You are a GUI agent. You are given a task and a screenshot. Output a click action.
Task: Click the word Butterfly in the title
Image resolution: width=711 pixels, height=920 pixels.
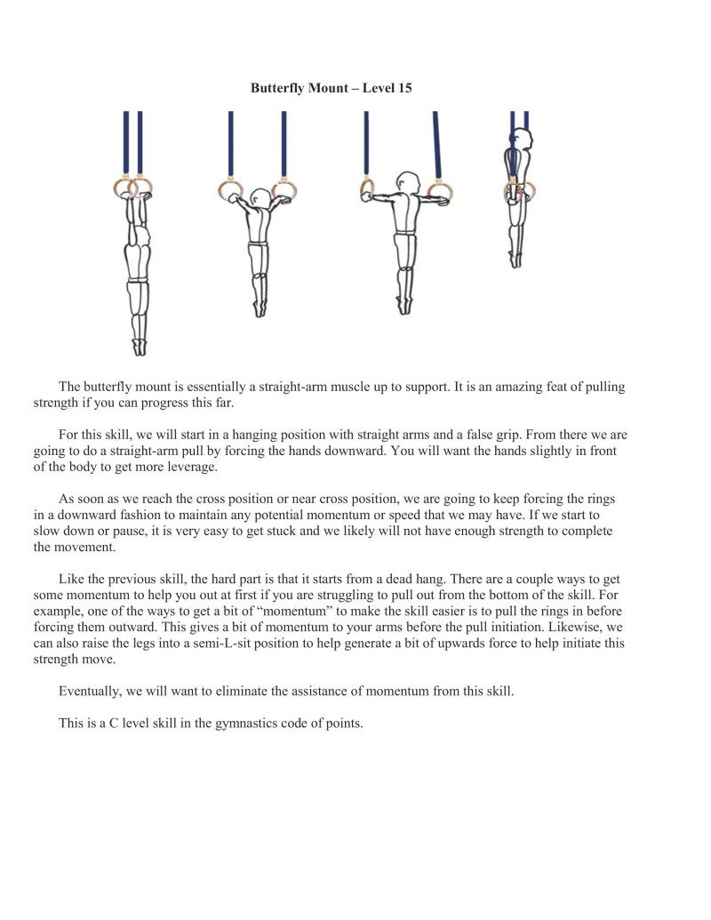[x=278, y=89]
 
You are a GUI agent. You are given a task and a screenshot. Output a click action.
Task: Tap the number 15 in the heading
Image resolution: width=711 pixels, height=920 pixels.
[x=403, y=89]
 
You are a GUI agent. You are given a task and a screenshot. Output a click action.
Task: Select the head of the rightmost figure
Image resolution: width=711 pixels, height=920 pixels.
[x=524, y=140]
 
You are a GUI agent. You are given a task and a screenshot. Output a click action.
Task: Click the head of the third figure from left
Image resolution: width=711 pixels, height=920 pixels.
[x=408, y=181]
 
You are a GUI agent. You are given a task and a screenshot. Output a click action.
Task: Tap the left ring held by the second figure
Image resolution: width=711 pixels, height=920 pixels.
[x=230, y=189]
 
